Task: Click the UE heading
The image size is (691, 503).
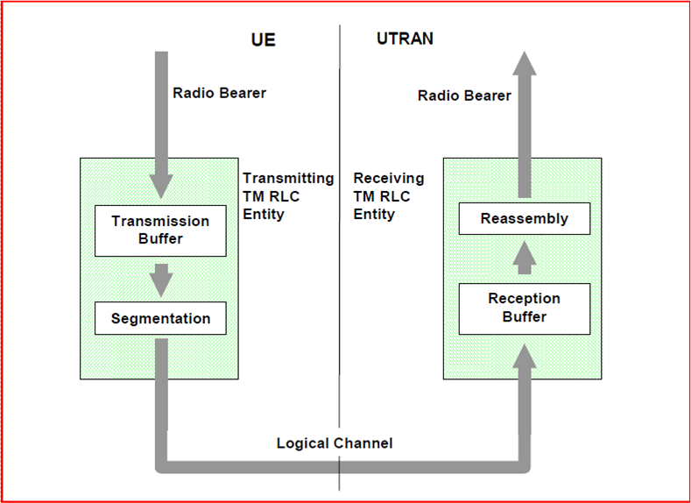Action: [263, 40]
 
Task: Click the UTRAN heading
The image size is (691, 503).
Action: [405, 39]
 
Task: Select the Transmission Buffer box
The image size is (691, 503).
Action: [160, 230]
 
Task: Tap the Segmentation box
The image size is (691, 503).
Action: [160, 319]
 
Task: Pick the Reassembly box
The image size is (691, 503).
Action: [524, 219]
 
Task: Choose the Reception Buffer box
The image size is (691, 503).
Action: [524, 308]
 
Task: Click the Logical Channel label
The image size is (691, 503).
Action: [335, 443]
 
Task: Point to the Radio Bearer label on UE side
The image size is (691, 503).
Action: [219, 93]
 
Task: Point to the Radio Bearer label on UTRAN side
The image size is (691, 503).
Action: [463, 96]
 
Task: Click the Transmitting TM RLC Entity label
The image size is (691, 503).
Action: [288, 196]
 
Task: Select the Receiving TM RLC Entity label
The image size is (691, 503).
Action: [388, 196]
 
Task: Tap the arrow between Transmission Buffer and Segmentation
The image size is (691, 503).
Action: [161, 280]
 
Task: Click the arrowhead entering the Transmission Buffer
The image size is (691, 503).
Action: [161, 187]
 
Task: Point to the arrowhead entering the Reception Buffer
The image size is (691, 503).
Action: [525, 355]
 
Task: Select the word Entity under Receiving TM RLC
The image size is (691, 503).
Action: [374, 215]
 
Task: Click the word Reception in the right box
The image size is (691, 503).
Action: [524, 299]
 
